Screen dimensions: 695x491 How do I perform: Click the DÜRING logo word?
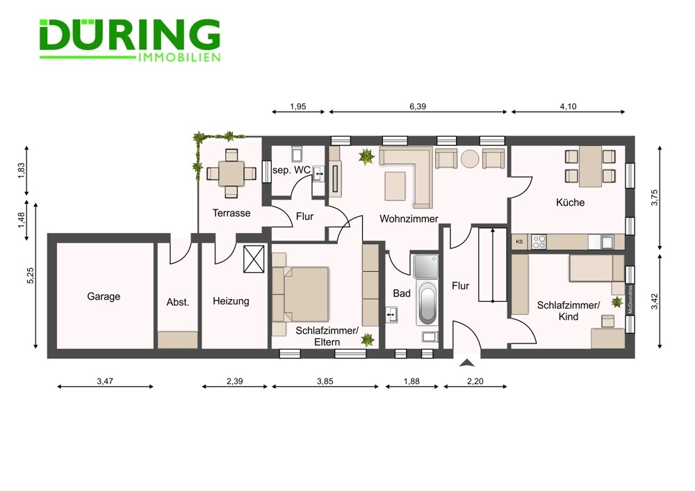[130, 35]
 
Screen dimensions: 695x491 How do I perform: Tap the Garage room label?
[104, 296]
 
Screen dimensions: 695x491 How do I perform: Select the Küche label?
[570, 202]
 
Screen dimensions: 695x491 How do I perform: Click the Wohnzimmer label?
[409, 218]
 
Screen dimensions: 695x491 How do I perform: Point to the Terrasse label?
[231, 213]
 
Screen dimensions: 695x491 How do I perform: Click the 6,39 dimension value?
[418, 106]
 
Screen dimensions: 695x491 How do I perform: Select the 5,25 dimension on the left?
[30, 275]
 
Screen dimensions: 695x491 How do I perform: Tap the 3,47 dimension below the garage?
[105, 381]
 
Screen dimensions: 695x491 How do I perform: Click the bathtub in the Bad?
[427, 305]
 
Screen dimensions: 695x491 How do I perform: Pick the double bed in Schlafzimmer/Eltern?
[301, 294]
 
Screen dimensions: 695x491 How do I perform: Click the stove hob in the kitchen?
[539, 242]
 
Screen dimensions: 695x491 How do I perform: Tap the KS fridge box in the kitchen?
[519, 242]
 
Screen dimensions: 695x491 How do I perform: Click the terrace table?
[231, 173]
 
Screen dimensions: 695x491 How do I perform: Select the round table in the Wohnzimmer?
[470, 159]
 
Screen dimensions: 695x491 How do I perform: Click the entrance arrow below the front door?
[467, 363]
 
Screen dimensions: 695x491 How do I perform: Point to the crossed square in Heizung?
[254, 259]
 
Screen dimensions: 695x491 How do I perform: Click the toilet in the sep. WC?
[297, 153]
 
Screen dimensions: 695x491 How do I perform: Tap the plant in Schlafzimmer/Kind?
[616, 303]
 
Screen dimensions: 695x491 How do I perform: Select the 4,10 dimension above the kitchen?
[569, 106]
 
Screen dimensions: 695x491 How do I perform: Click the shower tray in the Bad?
[425, 266]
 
